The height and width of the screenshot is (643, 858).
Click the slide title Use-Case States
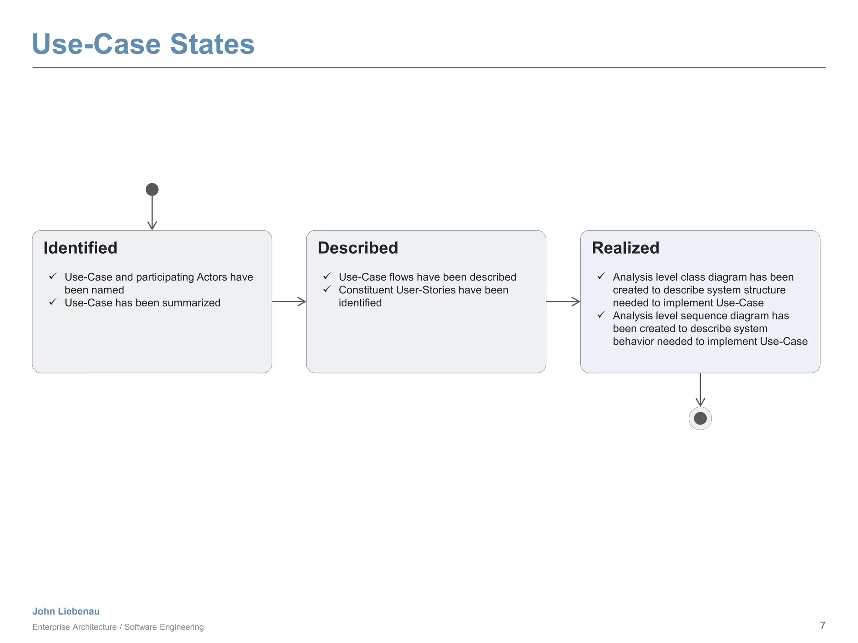click(143, 44)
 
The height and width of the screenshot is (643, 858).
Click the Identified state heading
click(80, 248)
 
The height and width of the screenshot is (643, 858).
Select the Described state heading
click(358, 248)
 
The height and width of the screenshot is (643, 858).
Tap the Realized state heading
click(625, 248)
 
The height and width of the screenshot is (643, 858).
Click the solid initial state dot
click(152, 190)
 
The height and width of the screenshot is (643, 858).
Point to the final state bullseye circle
click(700, 418)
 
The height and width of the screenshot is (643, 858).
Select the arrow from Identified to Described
click(289, 301)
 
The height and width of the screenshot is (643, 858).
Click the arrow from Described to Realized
click(563, 301)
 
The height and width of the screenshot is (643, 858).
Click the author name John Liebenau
click(66, 611)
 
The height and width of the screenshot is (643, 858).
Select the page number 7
click(822, 625)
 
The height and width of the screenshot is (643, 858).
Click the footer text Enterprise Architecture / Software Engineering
click(118, 627)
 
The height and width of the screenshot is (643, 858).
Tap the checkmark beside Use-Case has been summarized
click(53, 302)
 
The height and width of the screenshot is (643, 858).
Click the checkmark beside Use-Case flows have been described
click(327, 276)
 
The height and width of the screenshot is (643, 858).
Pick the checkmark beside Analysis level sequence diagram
click(601, 315)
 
